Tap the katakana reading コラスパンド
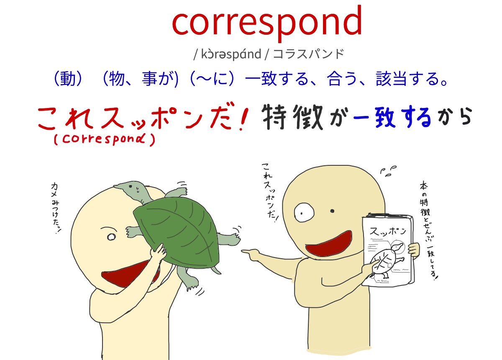point(308,54)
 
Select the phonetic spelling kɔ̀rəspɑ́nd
point(231,54)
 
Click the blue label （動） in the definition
point(68,79)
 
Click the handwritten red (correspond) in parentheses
point(105,139)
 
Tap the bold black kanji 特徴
point(292,117)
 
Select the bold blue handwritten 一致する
point(392,117)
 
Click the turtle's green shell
point(177,231)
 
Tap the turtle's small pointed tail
point(217,270)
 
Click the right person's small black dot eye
point(332,211)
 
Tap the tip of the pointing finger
point(243,252)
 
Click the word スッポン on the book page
point(388,231)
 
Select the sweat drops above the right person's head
point(388,171)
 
